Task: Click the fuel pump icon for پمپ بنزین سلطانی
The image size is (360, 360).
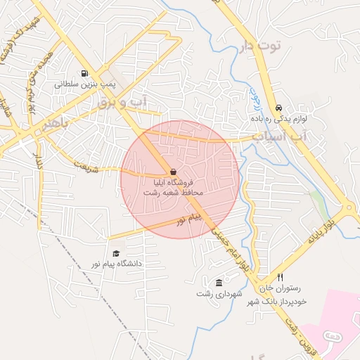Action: [84, 73]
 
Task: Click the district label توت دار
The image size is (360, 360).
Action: [260, 47]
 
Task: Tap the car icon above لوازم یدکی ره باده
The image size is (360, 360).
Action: [279, 108]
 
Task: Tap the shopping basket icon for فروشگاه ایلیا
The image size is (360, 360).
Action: [173, 172]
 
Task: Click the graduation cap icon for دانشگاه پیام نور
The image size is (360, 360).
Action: [116, 253]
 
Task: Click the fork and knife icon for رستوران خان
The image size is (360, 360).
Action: [281, 278]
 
